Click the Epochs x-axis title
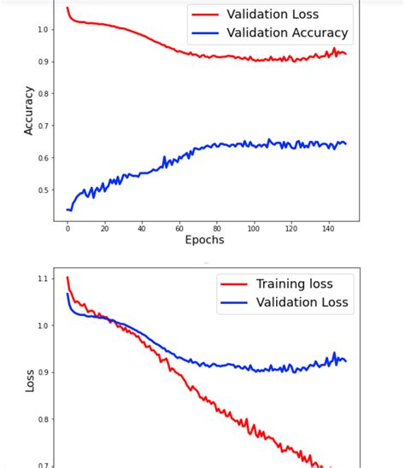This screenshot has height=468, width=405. point(204,240)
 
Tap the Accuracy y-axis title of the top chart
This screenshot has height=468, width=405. point(28,110)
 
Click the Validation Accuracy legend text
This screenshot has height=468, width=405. point(287,33)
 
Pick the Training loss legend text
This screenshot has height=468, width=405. point(294,284)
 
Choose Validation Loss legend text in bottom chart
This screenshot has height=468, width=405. point(302,302)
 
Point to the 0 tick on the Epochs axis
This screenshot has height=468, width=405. point(67,228)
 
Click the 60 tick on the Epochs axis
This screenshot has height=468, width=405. point(179,228)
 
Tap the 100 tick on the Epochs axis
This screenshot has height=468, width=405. point(254,228)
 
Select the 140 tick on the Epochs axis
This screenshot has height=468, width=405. point(328,228)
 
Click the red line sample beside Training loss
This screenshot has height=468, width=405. point(232,284)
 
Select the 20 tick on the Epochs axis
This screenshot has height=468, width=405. point(104,228)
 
